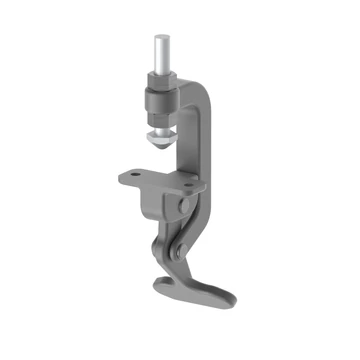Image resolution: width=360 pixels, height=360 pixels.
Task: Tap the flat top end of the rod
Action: point(161,38)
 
